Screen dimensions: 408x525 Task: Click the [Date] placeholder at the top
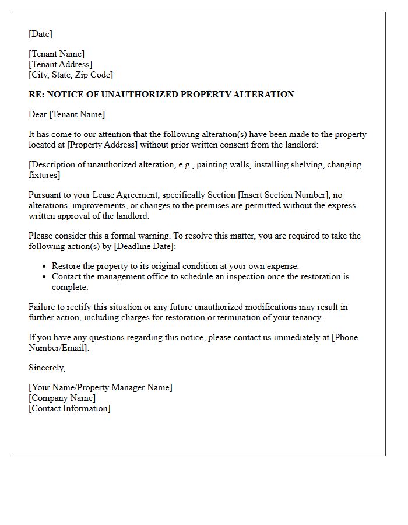point(40,34)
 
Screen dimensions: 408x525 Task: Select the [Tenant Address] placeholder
point(61,64)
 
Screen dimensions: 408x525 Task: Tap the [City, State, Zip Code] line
point(71,75)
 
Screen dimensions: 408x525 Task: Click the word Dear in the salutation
point(38,114)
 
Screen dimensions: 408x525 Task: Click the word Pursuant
point(45,195)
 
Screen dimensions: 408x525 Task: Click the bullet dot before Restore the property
point(45,267)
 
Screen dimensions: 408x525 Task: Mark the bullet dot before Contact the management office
point(45,277)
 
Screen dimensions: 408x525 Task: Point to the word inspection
point(242,276)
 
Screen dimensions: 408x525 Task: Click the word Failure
point(43,307)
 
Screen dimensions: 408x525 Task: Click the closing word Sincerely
point(47,367)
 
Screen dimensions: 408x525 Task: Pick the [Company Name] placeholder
point(62,398)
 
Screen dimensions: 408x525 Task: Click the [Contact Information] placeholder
point(69,408)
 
